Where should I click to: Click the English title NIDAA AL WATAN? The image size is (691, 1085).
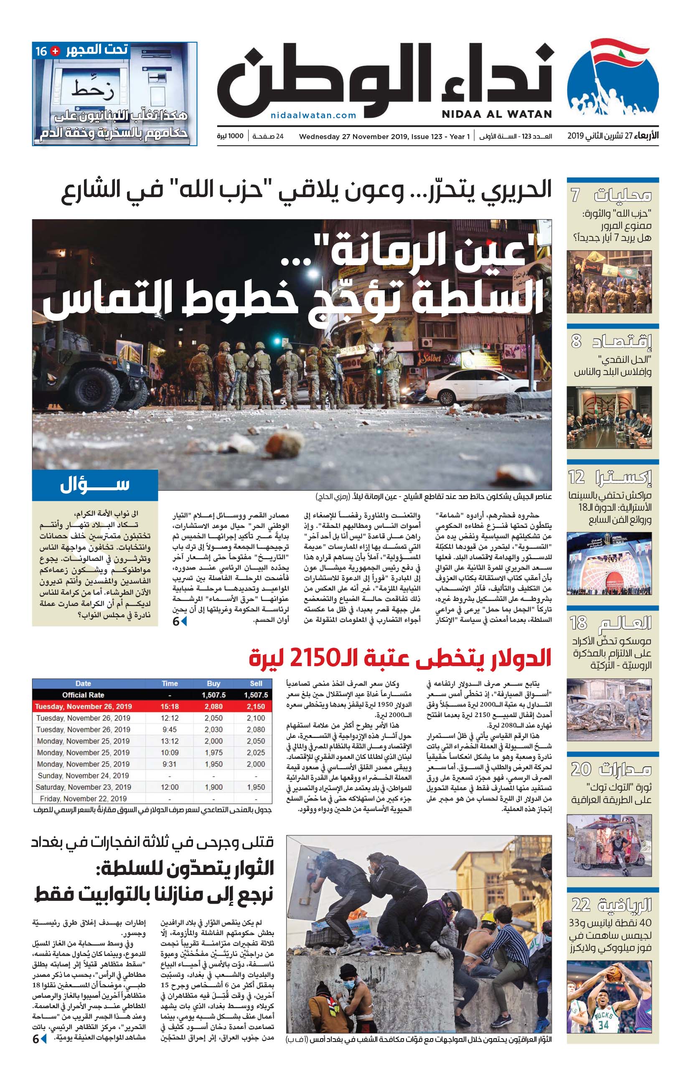pyautogui.click(x=497, y=114)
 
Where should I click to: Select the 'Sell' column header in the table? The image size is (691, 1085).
pyautogui.click(x=256, y=684)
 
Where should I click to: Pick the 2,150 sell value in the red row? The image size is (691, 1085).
pyautogui.click(x=256, y=707)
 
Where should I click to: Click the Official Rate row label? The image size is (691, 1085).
pyautogui.click(x=83, y=695)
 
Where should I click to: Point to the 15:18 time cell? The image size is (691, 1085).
pyautogui.click(x=170, y=707)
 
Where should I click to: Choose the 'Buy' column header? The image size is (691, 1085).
pyautogui.click(x=213, y=684)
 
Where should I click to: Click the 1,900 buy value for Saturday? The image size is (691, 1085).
pyautogui.click(x=213, y=787)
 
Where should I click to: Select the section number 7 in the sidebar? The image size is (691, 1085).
pyautogui.click(x=575, y=195)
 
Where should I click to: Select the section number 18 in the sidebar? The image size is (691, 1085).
pyautogui.click(x=578, y=623)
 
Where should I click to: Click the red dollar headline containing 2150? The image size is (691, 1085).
pyautogui.click(x=400, y=659)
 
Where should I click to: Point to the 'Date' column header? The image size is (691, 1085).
pyautogui.click(x=83, y=684)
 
